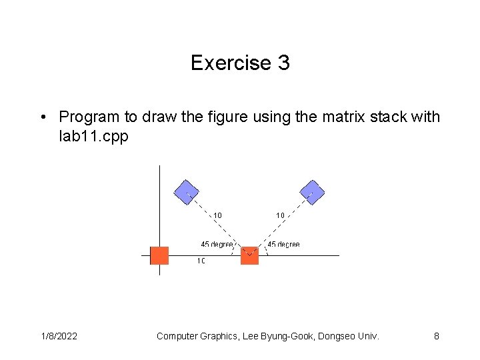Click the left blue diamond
coord(187,193)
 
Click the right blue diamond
coord(312,193)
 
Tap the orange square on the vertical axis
coord(159,255)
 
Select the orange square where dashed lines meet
coord(249,255)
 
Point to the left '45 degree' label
coord(217,245)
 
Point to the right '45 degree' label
coord(283,245)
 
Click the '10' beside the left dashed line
coord(217,215)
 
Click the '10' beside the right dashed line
coord(280,215)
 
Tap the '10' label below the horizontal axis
coord(201,261)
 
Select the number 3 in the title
coord(283,63)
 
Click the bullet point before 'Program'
coord(42,117)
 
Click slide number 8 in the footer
coord(437,336)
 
